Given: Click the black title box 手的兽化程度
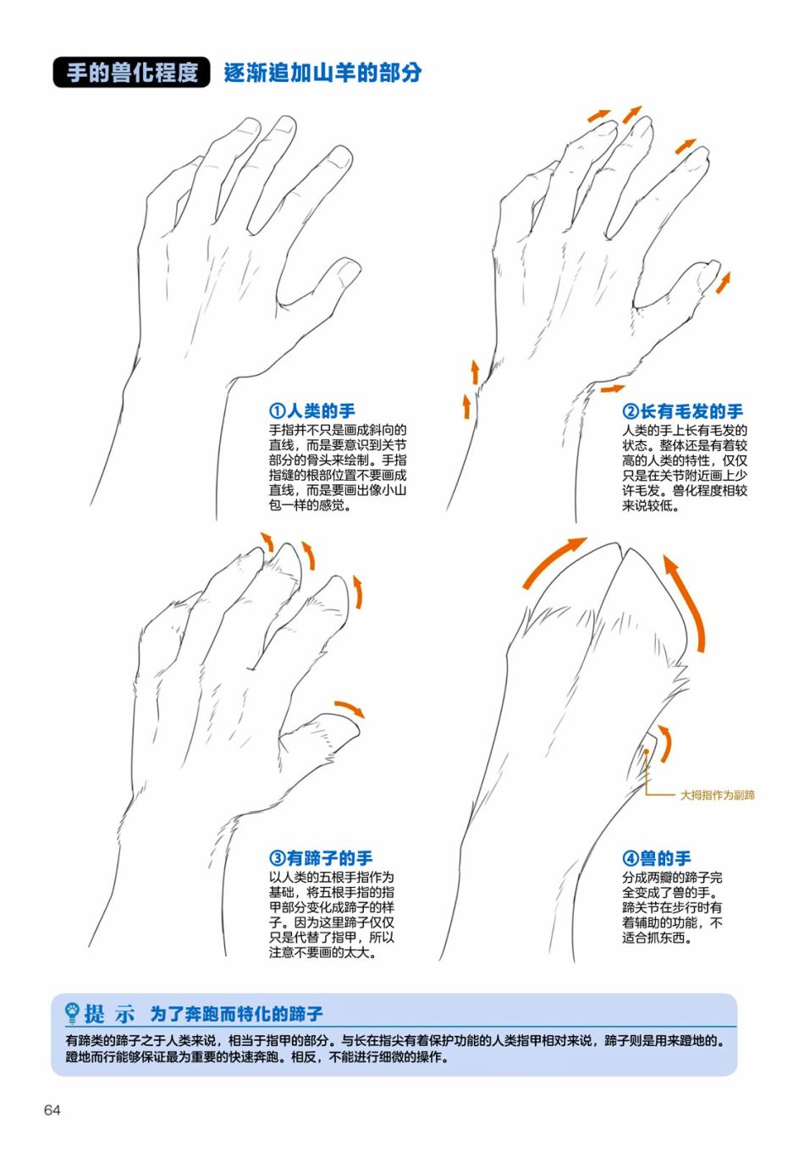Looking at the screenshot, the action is tap(131, 72).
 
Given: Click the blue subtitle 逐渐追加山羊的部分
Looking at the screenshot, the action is tap(322, 73).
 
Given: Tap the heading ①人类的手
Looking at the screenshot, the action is tap(311, 411).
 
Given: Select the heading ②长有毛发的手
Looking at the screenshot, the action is tap(683, 411).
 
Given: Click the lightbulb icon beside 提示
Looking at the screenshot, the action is tap(72, 1014).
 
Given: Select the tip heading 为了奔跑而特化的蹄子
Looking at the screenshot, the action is tap(236, 1014).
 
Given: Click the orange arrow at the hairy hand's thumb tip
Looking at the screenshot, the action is tap(723, 284).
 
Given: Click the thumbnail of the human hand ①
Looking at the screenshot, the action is tap(347, 271).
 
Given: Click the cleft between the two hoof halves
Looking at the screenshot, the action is tap(623, 551).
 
